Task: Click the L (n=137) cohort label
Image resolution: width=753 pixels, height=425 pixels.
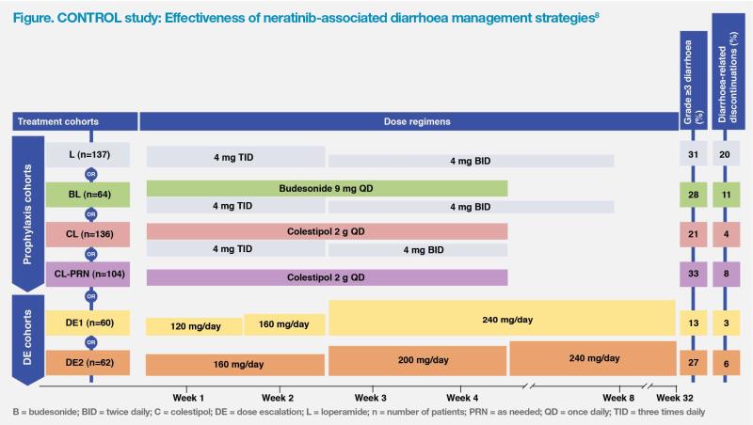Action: (x=90, y=155)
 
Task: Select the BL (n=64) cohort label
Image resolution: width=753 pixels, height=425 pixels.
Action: (x=90, y=194)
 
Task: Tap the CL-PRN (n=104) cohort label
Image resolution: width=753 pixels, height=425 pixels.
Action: (x=90, y=275)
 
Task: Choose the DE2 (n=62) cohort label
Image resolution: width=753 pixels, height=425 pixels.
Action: (x=90, y=364)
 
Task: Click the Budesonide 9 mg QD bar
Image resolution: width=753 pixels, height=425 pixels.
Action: (x=327, y=188)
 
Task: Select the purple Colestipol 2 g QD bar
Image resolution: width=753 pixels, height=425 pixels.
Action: (x=327, y=275)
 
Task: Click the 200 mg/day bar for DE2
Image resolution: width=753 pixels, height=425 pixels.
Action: (x=418, y=361)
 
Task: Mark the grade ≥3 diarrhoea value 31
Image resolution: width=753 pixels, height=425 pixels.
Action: (x=693, y=155)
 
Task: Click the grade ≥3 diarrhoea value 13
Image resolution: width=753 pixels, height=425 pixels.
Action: (x=693, y=323)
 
